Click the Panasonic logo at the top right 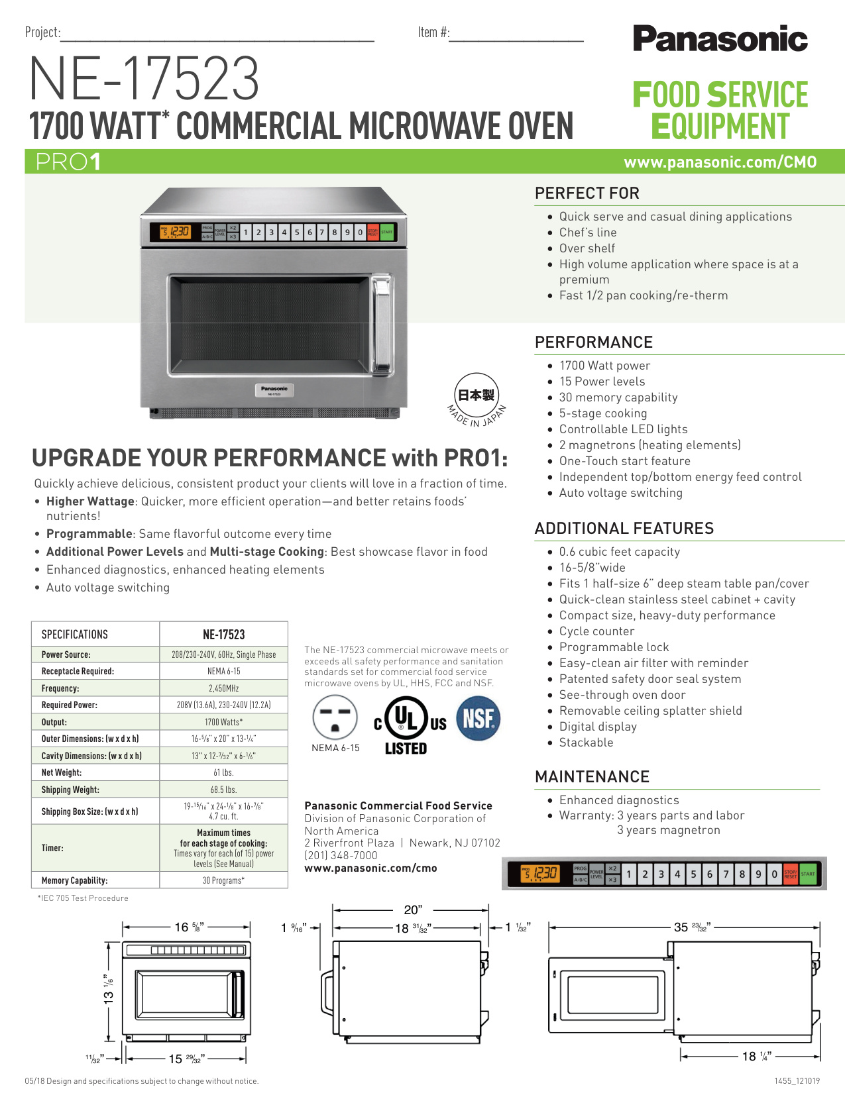(x=720, y=38)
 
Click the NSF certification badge (x=478, y=718)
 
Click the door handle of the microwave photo (x=382, y=325)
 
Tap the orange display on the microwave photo (x=175, y=232)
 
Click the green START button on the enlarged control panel (x=807, y=874)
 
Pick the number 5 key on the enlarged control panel (x=693, y=874)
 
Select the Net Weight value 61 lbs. (x=223, y=772)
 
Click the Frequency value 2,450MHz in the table (x=223, y=688)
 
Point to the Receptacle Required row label (x=78, y=671)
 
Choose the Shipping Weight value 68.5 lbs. (x=223, y=789)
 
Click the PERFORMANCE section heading (x=593, y=342)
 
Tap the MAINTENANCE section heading (x=592, y=776)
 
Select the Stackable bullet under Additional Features (x=586, y=743)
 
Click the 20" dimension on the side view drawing (x=413, y=910)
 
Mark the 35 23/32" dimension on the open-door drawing (x=693, y=927)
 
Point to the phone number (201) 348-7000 (x=341, y=855)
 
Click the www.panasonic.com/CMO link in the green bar (x=720, y=162)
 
